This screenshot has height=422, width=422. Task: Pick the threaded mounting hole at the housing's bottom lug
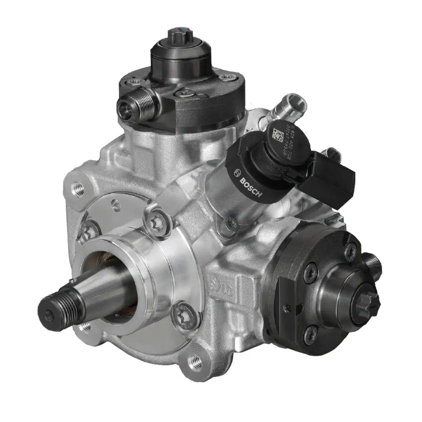click(195, 363)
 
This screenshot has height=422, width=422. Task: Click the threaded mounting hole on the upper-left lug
click(77, 189)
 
